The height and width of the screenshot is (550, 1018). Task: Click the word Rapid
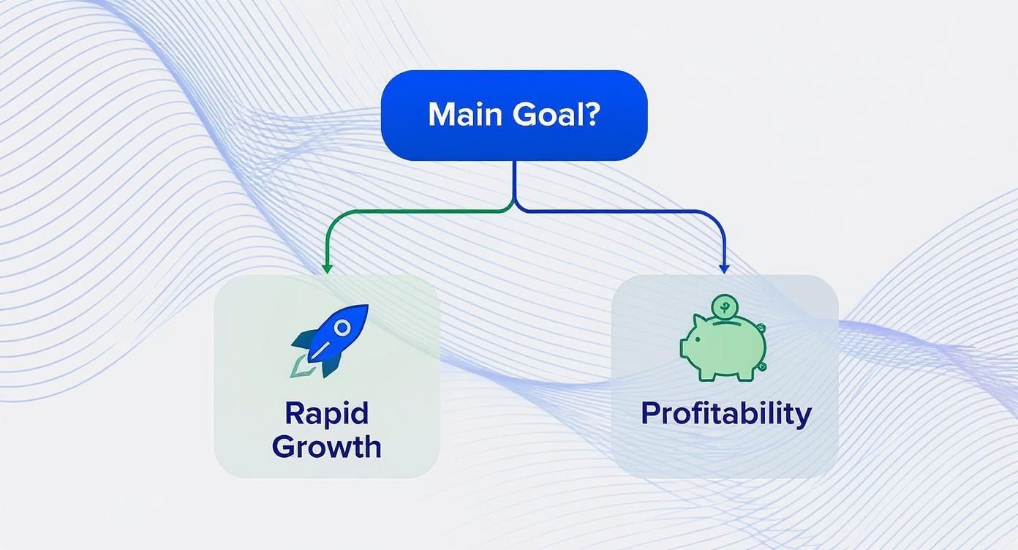click(326, 413)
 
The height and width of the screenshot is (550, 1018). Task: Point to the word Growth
click(326, 446)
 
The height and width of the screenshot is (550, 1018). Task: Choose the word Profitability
click(725, 414)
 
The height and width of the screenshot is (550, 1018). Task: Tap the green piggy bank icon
click(722, 348)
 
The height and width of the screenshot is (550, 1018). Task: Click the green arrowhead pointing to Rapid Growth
click(326, 268)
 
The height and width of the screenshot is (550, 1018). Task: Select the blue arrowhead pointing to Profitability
click(724, 268)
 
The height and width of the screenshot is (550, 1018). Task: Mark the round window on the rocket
click(342, 326)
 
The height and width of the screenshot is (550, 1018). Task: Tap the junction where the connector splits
click(515, 208)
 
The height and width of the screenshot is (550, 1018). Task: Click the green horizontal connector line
click(417, 212)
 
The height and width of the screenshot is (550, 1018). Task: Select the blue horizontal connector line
click(622, 212)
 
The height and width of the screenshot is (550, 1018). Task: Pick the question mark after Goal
click(591, 115)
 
